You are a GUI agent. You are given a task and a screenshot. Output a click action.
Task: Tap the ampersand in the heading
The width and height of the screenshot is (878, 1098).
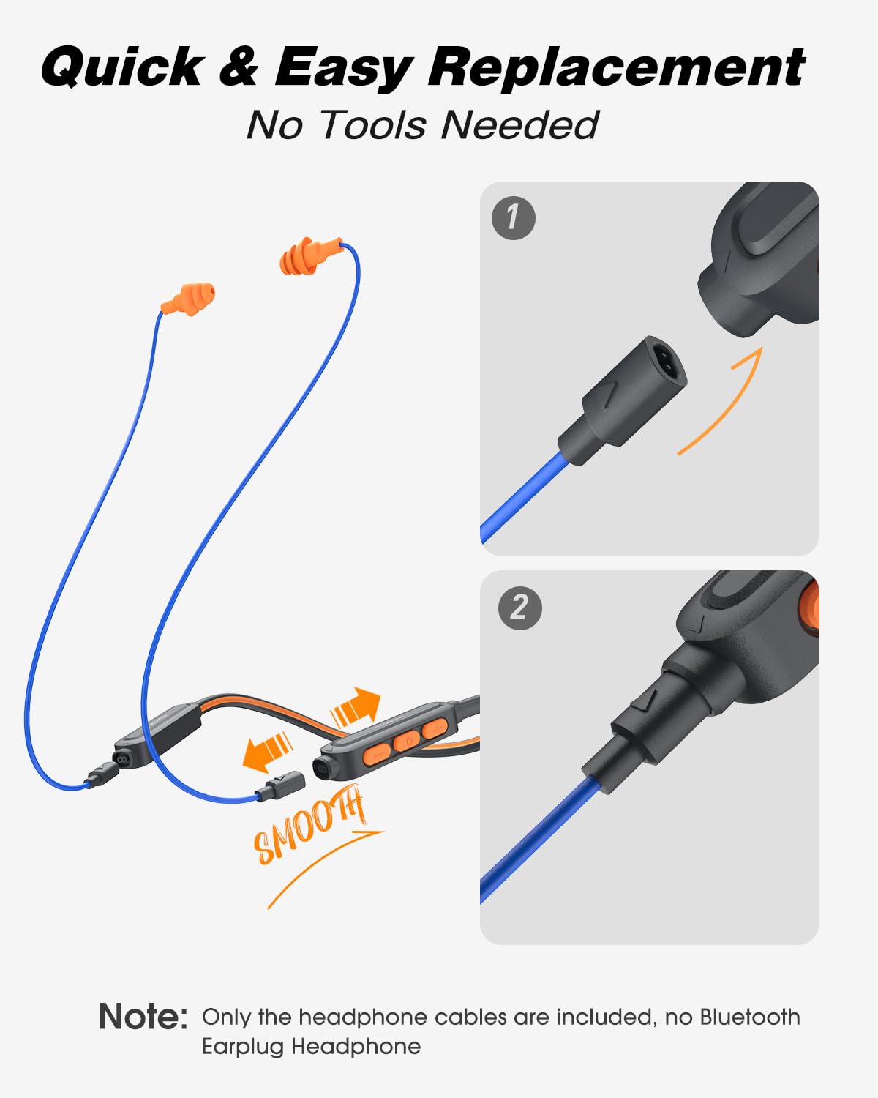[239, 67]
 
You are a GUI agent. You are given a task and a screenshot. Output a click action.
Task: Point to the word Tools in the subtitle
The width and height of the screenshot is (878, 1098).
[374, 125]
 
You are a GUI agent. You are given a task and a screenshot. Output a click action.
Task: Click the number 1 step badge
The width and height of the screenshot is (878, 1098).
[513, 218]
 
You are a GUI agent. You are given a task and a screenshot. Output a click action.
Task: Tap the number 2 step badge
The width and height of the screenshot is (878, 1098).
[520, 608]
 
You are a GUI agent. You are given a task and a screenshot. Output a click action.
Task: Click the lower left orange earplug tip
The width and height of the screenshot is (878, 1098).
[188, 299]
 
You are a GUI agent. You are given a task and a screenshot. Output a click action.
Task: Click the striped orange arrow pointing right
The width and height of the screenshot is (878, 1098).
[355, 707]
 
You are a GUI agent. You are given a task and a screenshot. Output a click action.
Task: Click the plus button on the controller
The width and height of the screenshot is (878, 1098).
[435, 728]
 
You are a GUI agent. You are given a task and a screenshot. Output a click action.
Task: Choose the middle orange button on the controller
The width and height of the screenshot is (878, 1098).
[407, 741]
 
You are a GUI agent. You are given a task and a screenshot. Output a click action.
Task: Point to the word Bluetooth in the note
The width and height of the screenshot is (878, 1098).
[749, 1016]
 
